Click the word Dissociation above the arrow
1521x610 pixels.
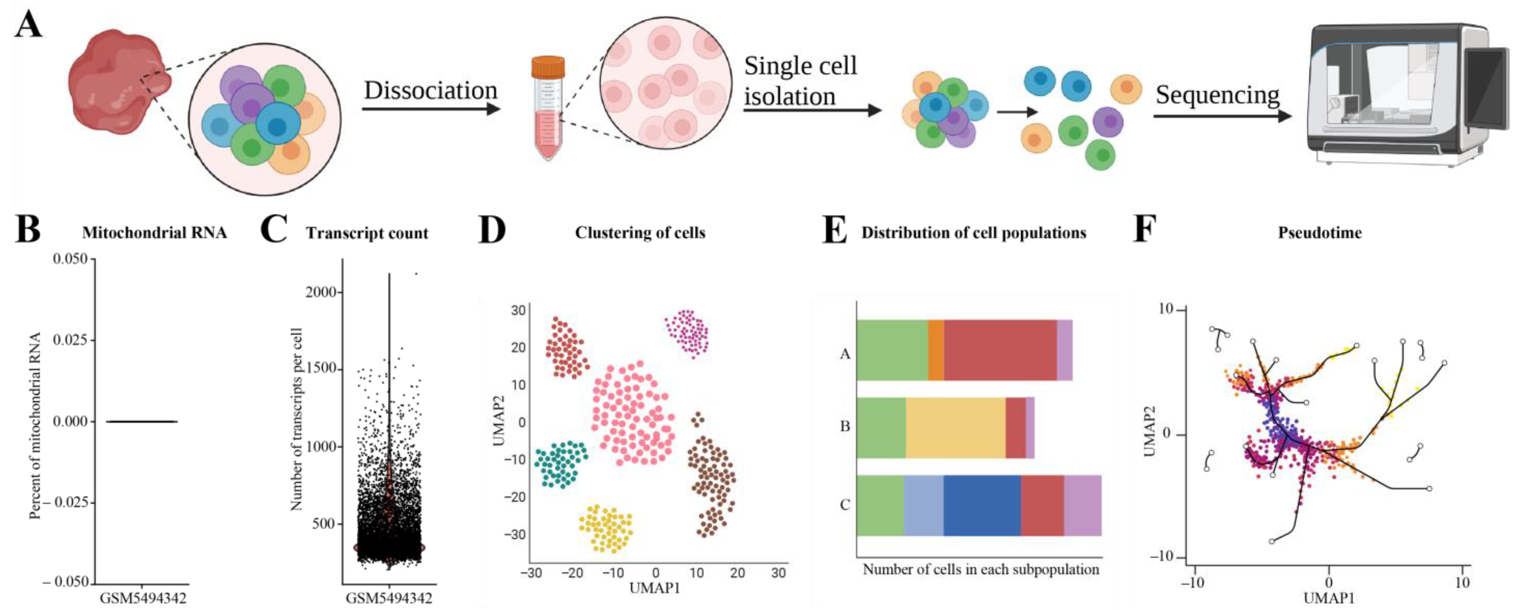pos(431,90)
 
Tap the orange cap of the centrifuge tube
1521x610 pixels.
pos(548,67)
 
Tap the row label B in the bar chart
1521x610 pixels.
pos(845,426)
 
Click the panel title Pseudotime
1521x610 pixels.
pos(1320,233)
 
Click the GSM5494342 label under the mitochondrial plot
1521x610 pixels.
pos(143,598)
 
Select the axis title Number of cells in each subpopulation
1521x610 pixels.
pos(981,569)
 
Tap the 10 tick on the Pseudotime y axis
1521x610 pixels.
pos(1166,309)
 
